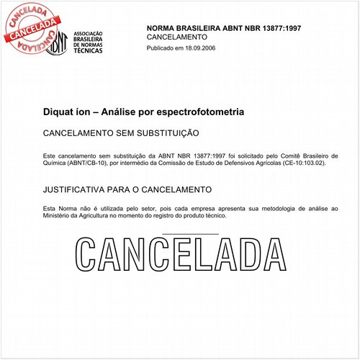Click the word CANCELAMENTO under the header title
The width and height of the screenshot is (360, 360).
coord(176,37)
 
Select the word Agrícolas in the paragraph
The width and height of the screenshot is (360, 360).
coord(261,163)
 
